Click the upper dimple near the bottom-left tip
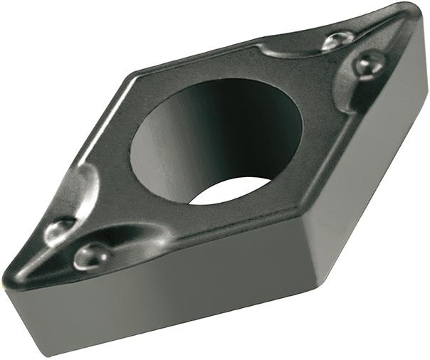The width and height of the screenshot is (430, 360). pyautogui.click(x=59, y=228)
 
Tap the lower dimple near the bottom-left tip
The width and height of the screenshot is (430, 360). pyautogui.click(x=92, y=254)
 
